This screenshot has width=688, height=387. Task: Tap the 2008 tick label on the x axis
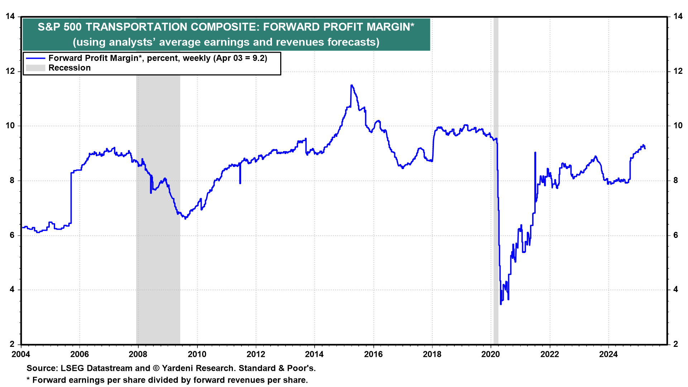[138, 354]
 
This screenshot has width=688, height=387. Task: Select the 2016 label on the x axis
[373, 354]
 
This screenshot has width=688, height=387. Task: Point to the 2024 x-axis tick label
[608, 354]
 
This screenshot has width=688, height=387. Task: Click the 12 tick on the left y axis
[10, 71]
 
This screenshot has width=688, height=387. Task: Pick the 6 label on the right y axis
[675, 235]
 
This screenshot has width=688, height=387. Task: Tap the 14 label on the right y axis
[678, 16]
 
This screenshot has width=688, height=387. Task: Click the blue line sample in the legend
[35, 58]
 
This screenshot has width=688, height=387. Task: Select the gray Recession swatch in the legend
[35, 68]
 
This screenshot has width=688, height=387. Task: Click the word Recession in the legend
[70, 68]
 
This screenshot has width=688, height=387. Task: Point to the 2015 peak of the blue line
[352, 85]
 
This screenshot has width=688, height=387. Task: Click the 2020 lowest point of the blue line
[501, 304]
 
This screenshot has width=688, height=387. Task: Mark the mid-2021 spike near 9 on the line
[535, 153]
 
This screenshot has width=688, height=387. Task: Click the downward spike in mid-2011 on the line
[240, 183]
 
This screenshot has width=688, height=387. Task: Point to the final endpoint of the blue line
[645, 148]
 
